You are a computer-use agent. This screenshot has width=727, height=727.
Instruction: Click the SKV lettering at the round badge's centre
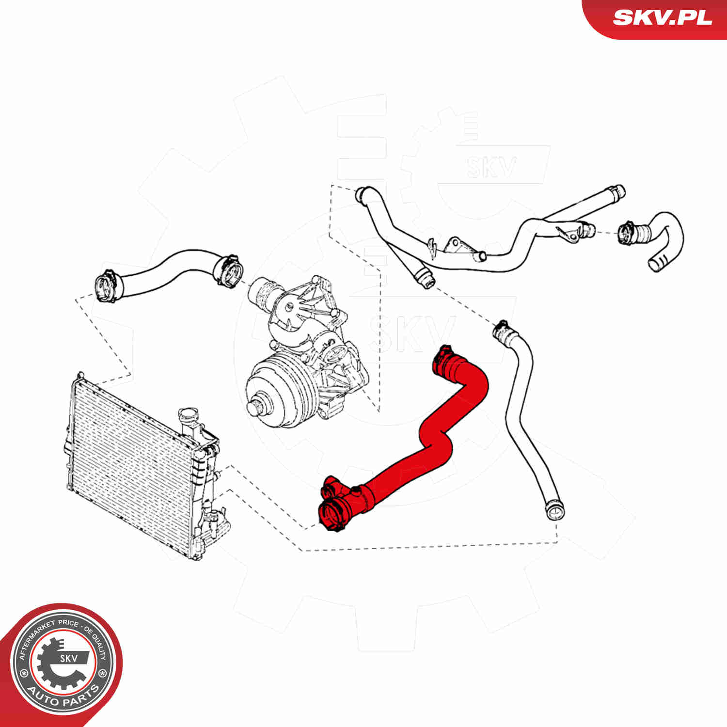tap(68, 658)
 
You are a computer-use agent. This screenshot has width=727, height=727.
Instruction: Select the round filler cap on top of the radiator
tap(188, 416)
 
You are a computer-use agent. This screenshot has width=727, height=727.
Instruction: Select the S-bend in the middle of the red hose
tap(436, 439)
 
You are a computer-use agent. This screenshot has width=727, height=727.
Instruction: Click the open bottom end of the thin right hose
tap(553, 511)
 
